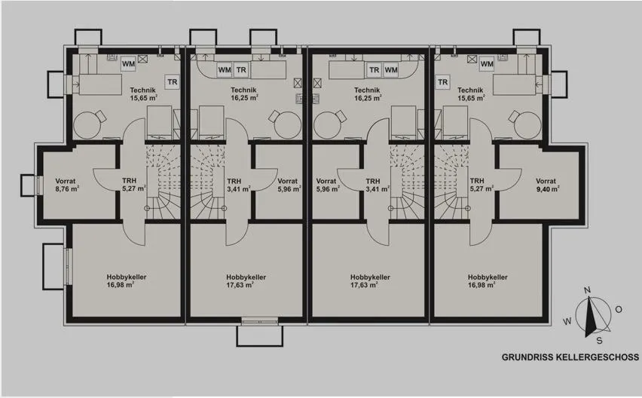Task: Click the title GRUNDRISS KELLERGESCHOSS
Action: click(x=570, y=357)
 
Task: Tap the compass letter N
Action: click(x=588, y=290)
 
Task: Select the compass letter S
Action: click(x=599, y=340)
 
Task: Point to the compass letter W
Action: click(x=567, y=321)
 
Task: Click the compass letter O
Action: click(x=619, y=309)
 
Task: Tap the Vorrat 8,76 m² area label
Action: click(x=67, y=185)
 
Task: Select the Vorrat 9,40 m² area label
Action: click(x=547, y=185)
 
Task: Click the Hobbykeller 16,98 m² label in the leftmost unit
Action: click(x=127, y=281)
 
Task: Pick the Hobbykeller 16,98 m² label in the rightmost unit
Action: click(x=488, y=281)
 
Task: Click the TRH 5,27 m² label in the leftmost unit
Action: click(x=134, y=185)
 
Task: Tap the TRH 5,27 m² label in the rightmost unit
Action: click(x=482, y=185)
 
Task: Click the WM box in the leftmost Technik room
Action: click(x=128, y=64)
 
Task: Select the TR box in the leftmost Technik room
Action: click(x=173, y=82)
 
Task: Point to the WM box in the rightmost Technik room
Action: click(x=487, y=64)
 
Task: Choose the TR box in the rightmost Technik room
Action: click(x=442, y=82)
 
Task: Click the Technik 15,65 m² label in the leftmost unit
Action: click(x=143, y=93)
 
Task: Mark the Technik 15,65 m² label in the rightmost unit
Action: click(x=471, y=93)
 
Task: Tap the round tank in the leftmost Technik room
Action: click(x=87, y=125)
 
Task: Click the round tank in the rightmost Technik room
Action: click(x=527, y=125)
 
